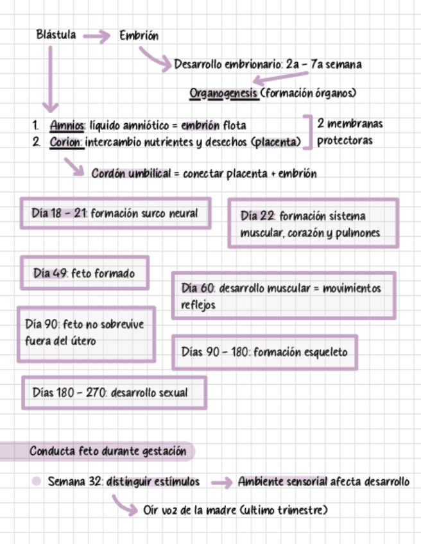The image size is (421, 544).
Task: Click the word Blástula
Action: [x=56, y=35]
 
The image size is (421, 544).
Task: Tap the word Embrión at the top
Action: [x=139, y=36]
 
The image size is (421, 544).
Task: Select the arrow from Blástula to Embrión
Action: [x=97, y=37]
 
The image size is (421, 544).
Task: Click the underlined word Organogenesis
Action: [x=224, y=94]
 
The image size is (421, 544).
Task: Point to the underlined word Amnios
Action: [x=67, y=125]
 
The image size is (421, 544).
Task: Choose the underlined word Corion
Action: [x=66, y=142]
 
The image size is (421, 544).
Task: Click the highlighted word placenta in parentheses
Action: [x=277, y=142]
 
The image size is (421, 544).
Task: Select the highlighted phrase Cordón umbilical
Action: [x=131, y=174]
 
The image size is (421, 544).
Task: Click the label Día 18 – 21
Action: [x=60, y=214]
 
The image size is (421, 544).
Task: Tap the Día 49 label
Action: [x=51, y=273]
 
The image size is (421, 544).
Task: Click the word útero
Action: [x=83, y=341]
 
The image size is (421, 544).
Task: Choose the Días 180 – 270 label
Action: [x=69, y=393]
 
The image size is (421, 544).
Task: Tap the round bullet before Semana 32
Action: [x=37, y=481]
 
